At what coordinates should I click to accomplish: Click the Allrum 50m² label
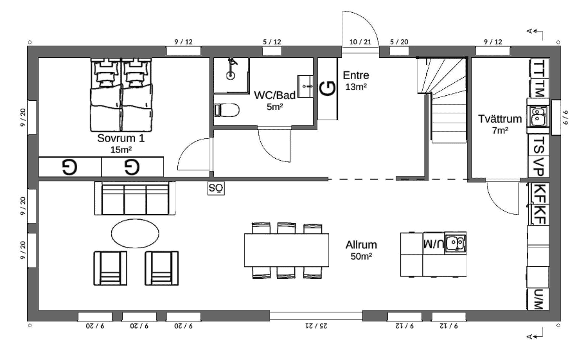(361, 250)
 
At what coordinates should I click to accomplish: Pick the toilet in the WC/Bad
(227, 111)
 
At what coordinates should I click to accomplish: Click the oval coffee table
(135, 233)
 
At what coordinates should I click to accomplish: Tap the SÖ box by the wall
(216, 188)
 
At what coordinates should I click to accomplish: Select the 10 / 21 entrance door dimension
(360, 42)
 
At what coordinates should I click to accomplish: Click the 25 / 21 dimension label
(316, 326)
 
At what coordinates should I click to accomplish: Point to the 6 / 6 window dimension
(565, 117)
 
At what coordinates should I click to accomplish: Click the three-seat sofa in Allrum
(135, 199)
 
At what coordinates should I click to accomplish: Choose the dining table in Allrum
(287, 250)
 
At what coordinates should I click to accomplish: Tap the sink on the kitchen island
(455, 243)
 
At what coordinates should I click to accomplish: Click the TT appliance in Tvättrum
(539, 68)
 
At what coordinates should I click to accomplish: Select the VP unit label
(538, 166)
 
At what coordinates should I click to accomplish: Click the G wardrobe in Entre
(328, 89)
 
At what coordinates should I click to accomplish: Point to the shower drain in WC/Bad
(231, 75)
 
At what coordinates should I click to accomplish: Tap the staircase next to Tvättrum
(442, 100)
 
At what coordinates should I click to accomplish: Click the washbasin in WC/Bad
(306, 86)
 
